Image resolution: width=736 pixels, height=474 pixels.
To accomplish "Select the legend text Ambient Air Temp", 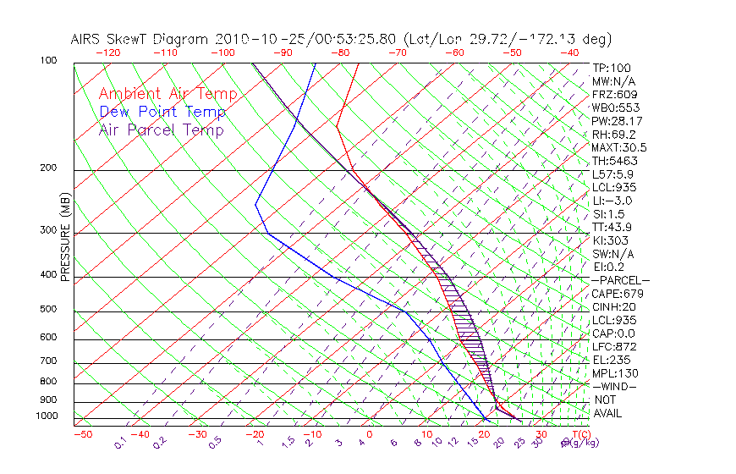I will tap(168, 94).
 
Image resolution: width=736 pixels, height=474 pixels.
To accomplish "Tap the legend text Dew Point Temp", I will tap(162, 113).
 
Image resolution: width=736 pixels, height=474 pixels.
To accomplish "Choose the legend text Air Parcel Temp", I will tap(162, 130).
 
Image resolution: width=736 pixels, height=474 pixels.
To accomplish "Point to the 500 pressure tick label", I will tap(48, 309).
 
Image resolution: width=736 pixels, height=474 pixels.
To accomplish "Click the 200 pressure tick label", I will tap(48, 168).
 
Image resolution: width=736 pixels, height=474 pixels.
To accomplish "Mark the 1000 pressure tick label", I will tap(45, 416).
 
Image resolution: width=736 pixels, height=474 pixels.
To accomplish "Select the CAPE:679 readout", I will tap(615, 294).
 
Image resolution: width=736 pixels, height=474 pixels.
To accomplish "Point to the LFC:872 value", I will tap(613, 347).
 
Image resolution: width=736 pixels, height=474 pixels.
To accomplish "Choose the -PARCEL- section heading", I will tap(620, 280).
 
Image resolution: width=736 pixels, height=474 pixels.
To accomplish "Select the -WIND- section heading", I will tap(614, 387).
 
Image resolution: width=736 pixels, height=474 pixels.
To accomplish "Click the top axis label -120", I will tap(107, 52).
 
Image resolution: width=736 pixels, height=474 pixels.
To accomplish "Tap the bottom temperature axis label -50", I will tap(82, 434).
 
